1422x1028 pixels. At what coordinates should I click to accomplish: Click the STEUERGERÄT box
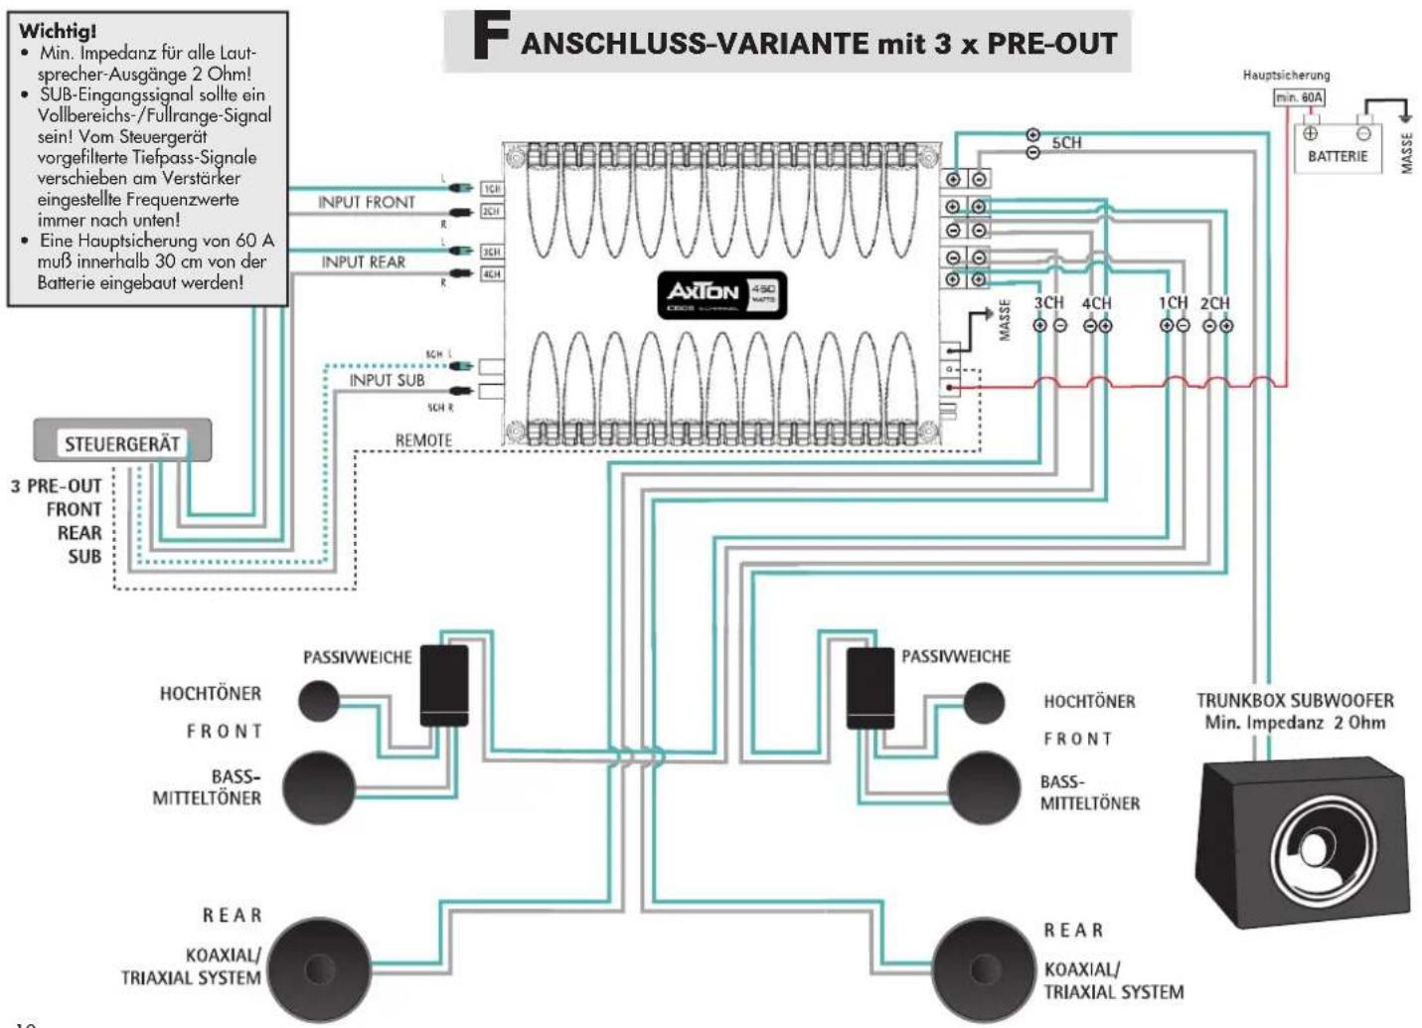tap(122, 442)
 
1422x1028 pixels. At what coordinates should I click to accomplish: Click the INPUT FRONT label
tap(366, 203)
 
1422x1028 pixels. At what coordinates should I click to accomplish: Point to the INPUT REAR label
tap(364, 262)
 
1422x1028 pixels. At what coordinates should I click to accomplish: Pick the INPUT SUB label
tap(387, 380)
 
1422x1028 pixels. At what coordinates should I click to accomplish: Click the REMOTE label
tap(423, 439)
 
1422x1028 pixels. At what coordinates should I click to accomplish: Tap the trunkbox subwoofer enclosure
tap(1295, 841)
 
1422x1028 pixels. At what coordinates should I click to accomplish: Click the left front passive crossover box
tap(443, 685)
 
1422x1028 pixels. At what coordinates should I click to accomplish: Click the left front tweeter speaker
tap(319, 701)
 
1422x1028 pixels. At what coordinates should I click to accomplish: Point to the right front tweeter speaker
tap(983, 703)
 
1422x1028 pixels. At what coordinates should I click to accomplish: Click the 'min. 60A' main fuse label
tap(1300, 97)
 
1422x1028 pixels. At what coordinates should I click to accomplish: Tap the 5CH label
tap(1066, 143)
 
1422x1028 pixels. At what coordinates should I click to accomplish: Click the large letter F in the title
tap(492, 40)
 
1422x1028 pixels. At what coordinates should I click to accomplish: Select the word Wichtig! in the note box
tap(57, 31)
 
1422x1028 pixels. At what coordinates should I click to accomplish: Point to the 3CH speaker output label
tap(1048, 303)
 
